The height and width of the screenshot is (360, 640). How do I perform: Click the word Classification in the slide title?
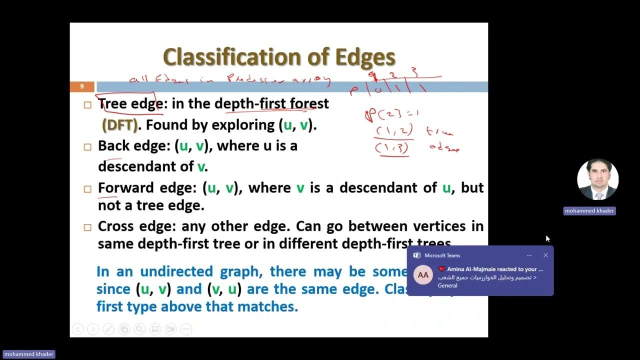tap(233, 57)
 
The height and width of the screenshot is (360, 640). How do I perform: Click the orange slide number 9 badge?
tap(82, 86)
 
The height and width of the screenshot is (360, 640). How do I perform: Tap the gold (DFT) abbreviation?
tap(119, 124)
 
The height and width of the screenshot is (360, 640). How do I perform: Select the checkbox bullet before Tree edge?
tap(87, 105)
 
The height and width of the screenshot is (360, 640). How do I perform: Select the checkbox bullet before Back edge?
tap(87, 147)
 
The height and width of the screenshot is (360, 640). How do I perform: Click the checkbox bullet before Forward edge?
tap(87, 189)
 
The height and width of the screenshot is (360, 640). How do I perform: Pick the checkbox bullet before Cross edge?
tap(87, 227)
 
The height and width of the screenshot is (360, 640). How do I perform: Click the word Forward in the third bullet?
tap(125, 188)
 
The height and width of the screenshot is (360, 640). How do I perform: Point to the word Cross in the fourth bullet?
tap(118, 226)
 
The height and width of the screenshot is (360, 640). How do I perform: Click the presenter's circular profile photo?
tap(597, 179)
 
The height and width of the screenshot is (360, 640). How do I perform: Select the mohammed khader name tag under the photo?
tap(589, 211)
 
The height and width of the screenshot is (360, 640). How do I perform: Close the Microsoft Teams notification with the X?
tap(545, 255)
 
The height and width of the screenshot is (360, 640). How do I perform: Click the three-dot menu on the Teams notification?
tap(529, 255)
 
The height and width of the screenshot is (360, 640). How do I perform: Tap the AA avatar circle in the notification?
tap(423, 275)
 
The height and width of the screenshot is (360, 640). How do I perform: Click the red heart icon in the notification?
tap(441, 269)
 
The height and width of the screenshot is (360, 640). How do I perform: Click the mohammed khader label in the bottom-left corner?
tap(28, 354)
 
